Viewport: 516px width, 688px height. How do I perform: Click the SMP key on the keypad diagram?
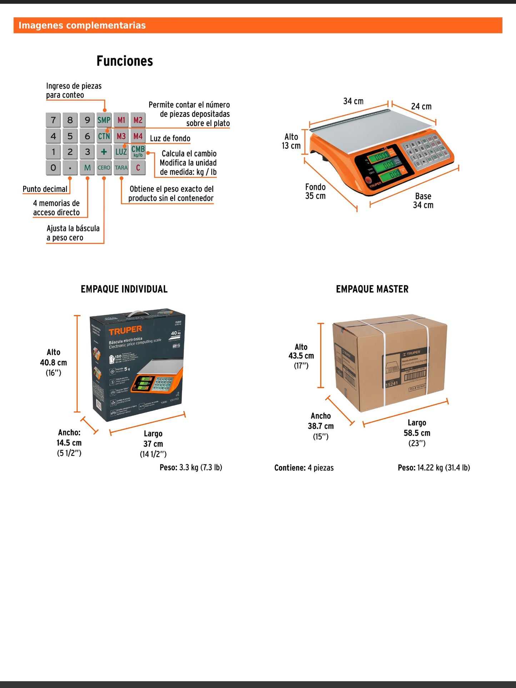point(104,120)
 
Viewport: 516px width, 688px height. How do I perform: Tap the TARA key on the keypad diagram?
point(121,167)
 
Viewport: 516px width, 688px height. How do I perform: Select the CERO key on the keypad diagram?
point(104,167)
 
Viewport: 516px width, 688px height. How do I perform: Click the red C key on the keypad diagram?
point(138,167)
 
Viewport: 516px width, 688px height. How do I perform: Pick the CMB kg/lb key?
point(138,151)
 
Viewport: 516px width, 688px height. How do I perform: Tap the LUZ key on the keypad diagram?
point(121,152)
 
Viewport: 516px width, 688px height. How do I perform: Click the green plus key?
point(104,152)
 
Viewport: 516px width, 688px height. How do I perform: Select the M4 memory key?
point(138,136)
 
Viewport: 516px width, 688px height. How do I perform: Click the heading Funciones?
point(125,61)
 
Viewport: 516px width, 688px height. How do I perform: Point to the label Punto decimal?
point(45,189)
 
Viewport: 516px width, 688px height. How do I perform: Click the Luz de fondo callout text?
point(170,139)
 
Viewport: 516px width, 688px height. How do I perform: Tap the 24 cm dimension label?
point(421,106)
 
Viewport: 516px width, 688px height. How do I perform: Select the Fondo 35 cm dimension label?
point(315,191)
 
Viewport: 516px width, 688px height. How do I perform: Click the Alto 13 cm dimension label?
point(291,141)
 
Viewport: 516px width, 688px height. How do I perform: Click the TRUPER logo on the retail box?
point(125,330)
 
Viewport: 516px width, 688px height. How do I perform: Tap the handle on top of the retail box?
point(137,314)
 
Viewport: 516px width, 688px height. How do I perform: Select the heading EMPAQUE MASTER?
point(372,289)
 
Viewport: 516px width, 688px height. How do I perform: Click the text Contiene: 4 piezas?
point(304,468)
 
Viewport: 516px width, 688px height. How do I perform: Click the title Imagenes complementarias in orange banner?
point(82,25)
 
